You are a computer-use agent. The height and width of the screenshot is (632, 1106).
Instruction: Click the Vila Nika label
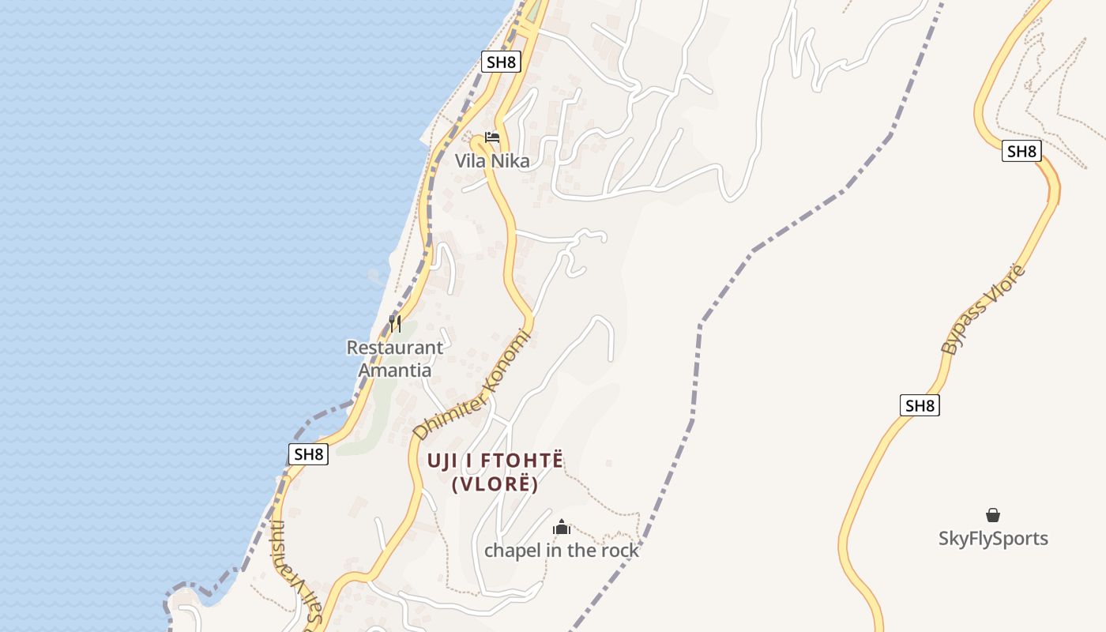(491, 161)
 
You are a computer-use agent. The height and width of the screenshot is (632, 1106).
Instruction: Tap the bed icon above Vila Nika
(492, 137)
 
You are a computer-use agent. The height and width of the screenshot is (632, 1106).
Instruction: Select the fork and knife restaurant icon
(395, 323)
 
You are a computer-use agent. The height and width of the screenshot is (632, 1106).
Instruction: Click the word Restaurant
(395, 348)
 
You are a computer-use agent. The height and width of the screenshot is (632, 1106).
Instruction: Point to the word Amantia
(395, 370)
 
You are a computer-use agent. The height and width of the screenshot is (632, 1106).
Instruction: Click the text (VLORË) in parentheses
(495, 484)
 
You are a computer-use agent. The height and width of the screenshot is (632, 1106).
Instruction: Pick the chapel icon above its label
(562, 527)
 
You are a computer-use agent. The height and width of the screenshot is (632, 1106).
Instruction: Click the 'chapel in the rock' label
(561, 551)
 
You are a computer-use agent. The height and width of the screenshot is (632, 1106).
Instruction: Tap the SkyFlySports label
(993, 539)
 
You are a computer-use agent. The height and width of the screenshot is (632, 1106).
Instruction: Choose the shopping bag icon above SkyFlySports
(993, 516)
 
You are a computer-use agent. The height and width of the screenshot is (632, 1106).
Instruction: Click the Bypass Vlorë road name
(984, 310)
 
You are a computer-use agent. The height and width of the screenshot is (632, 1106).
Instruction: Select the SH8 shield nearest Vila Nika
(501, 62)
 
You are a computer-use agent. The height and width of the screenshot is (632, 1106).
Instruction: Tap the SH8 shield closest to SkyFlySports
(920, 406)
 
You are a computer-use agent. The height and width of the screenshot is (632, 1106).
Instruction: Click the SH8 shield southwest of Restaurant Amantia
(307, 454)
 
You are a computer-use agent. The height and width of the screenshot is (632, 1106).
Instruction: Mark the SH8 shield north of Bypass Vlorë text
(1021, 151)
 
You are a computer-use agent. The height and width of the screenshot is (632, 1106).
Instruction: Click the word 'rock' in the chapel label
(620, 551)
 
